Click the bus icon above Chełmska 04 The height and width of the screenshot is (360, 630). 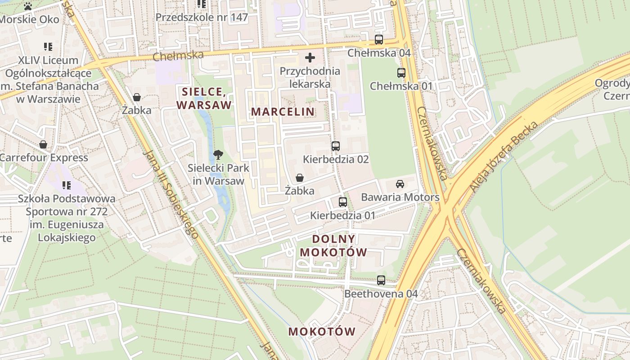coord(379,40)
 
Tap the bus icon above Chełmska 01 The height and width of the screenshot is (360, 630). coord(401,73)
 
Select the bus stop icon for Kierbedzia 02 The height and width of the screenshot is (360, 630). coord(335,146)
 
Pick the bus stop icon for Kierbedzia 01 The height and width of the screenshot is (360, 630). coord(343,202)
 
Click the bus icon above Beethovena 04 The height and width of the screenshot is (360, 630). coord(381,280)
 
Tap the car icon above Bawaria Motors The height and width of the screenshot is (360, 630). coord(400,184)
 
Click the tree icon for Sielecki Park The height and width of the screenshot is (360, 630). coord(218,155)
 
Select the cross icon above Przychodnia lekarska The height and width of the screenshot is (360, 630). coord(310,58)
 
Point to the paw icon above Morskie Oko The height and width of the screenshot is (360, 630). coord(28,6)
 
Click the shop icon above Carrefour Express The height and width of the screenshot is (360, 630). coord(43,144)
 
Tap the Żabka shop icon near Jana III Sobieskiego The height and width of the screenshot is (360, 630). coord(137,97)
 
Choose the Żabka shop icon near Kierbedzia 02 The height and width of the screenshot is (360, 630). coord(299,178)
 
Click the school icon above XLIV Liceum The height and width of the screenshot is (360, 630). coord(48,47)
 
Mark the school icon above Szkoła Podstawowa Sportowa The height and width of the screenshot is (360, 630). coord(67,185)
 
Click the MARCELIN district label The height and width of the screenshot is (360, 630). coord(283,112)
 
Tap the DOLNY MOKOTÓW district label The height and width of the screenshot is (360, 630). coord(333,246)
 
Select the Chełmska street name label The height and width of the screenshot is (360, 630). coord(178,56)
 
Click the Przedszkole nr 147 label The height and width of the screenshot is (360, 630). coord(202,18)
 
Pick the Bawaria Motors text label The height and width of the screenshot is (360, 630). coord(400,197)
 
